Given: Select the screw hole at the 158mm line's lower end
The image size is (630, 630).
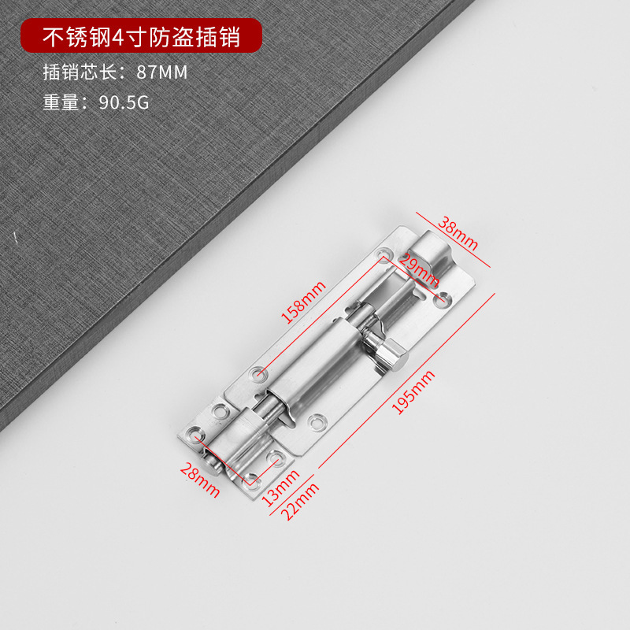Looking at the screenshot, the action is pos(258,371).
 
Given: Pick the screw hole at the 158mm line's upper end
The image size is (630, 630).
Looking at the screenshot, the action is pos(384,255).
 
